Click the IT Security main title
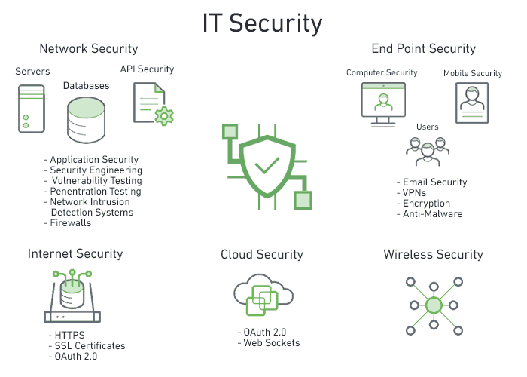pyautogui.click(x=262, y=23)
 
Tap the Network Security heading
pyautogui.click(x=89, y=48)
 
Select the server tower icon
pyautogui.click(x=31, y=108)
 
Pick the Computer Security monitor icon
pyautogui.click(x=382, y=103)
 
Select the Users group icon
pyautogui.click(x=427, y=152)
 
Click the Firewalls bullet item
pyautogui.click(x=71, y=223)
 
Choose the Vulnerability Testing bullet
pyautogui.click(x=94, y=181)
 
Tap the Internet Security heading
pyautogui.click(x=75, y=254)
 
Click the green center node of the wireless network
pyautogui.click(x=434, y=305)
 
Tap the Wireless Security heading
pyautogui.click(x=433, y=254)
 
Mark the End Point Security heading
pyautogui.click(x=424, y=48)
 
